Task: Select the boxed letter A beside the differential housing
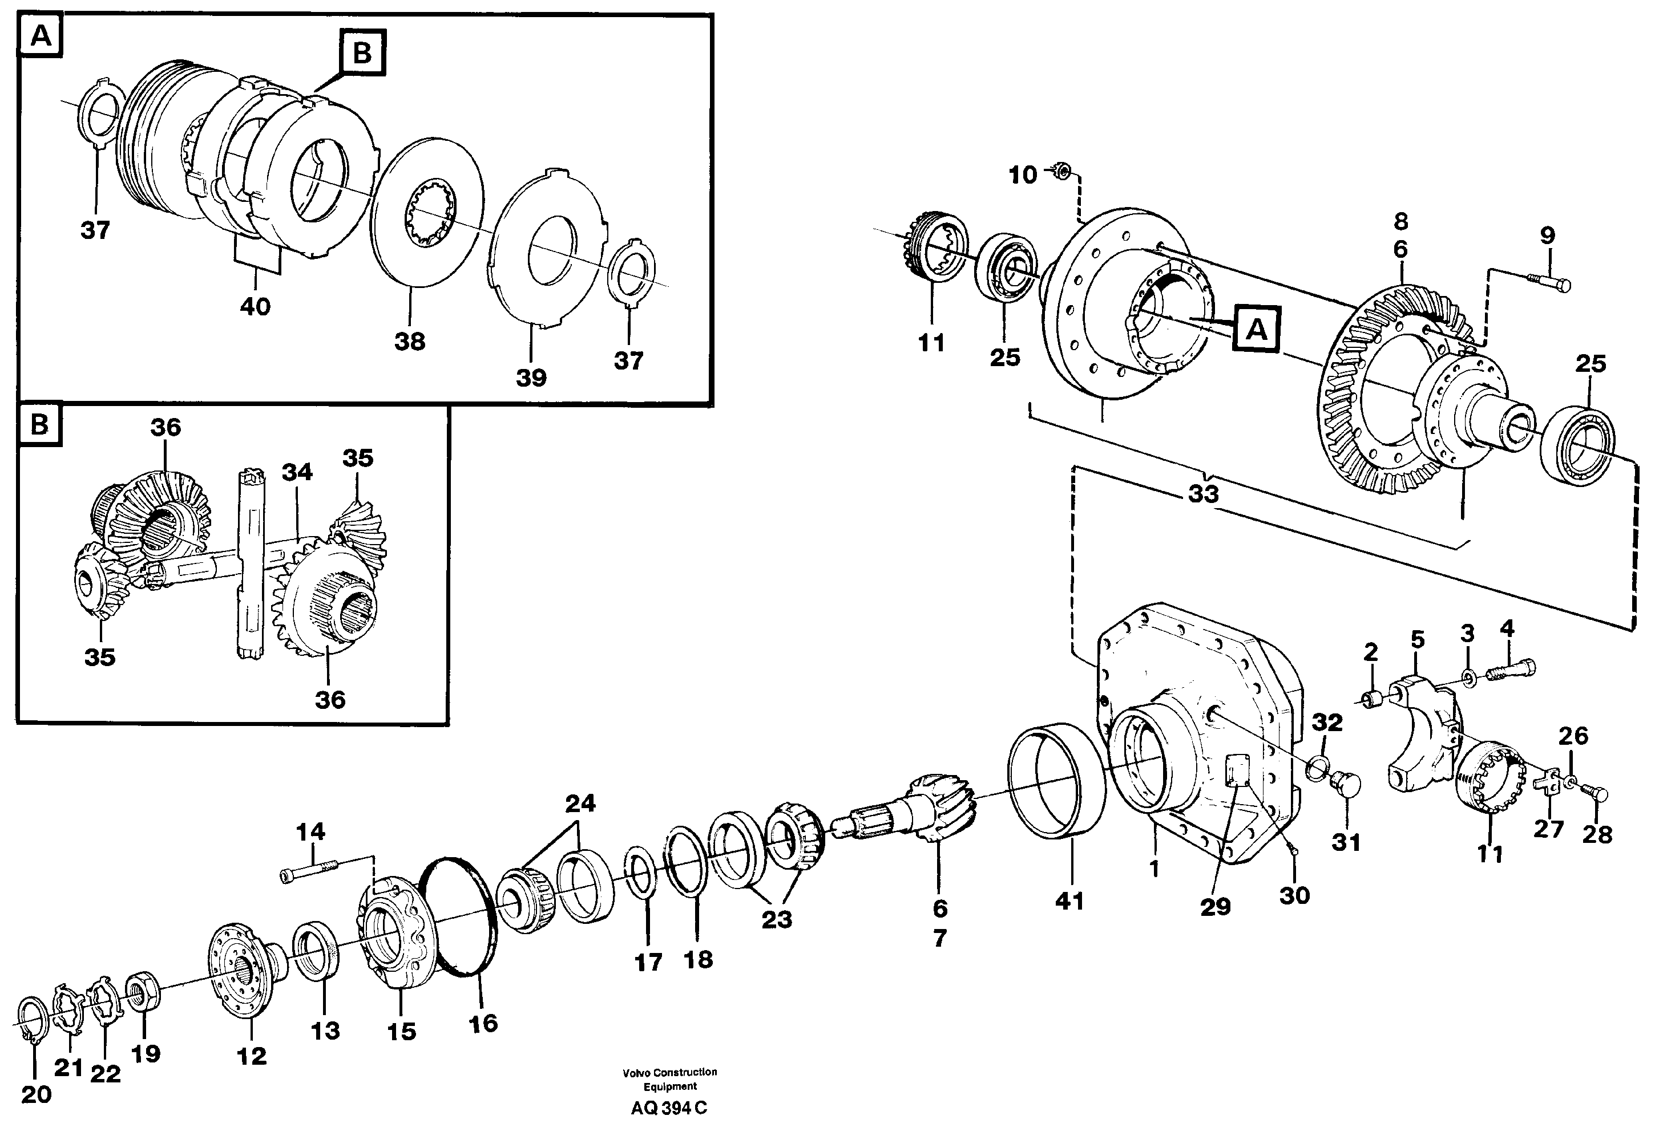point(1256,329)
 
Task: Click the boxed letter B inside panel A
point(362,53)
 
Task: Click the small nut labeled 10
point(1063,171)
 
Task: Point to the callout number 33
point(1203,494)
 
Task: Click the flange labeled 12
point(247,968)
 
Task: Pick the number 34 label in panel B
point(296,472)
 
